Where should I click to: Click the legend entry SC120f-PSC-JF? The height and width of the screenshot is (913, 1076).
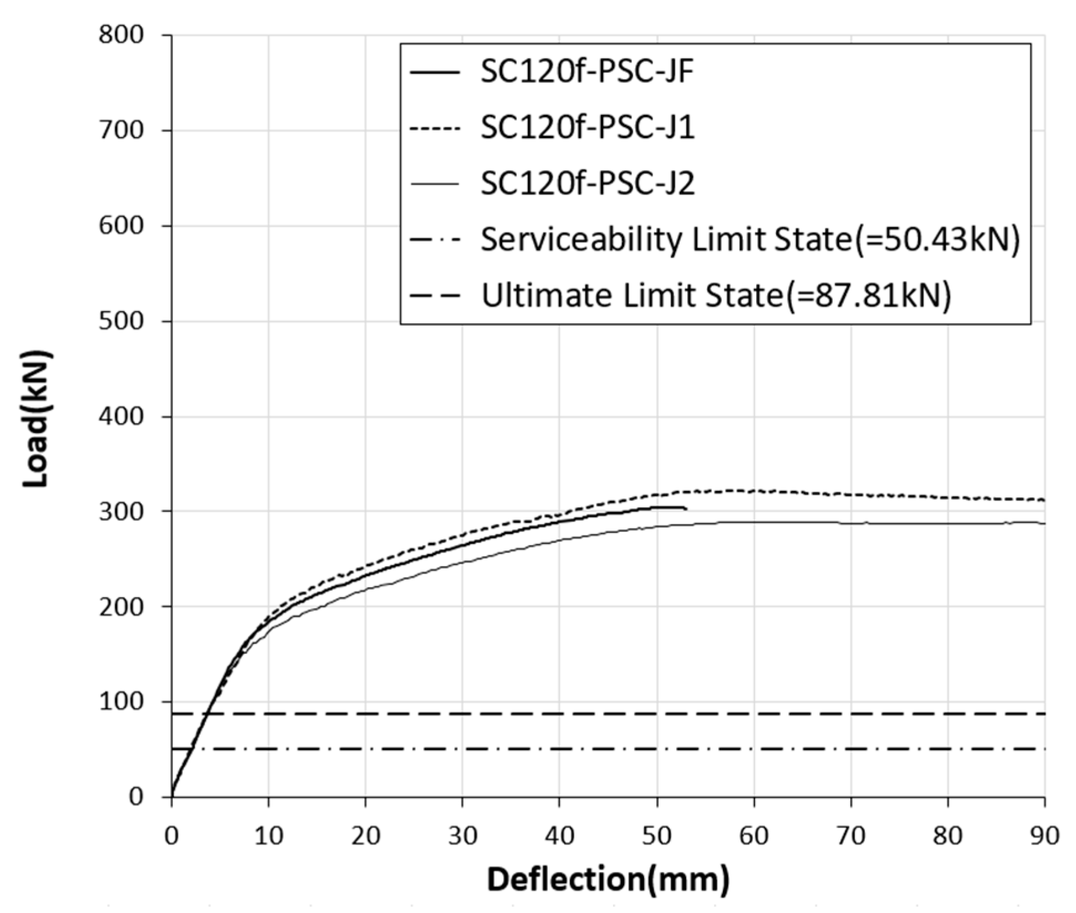click(587, 73)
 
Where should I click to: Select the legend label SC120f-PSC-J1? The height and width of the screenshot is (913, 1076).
click(587, 128)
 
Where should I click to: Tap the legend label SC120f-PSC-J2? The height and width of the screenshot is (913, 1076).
click(587, 183)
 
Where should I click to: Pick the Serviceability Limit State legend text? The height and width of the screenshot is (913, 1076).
click(749, 239)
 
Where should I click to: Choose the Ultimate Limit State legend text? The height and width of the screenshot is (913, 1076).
click(715, 295)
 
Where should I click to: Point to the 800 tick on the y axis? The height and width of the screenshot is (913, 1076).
click(121, 35)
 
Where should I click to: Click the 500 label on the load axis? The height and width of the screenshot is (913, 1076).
click(121, 322)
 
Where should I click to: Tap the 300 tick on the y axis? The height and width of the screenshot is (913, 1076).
click(121, 511)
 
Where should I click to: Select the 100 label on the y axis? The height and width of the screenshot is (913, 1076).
click(121, 702)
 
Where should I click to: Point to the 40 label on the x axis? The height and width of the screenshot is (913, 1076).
click(559, 835)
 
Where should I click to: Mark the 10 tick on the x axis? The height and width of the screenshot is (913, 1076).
click(269, 835)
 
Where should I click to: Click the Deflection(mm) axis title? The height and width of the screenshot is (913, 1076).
click(608, 880)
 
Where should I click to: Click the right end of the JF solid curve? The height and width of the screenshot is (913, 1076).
click(686, 508)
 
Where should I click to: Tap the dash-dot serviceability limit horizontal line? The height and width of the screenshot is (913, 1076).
click(610, 749)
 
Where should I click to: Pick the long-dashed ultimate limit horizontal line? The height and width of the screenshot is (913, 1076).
click(610, 714)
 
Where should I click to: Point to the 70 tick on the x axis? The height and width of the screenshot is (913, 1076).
click(851, 835)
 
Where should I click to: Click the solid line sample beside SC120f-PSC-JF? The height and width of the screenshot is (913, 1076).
click(435, 73)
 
